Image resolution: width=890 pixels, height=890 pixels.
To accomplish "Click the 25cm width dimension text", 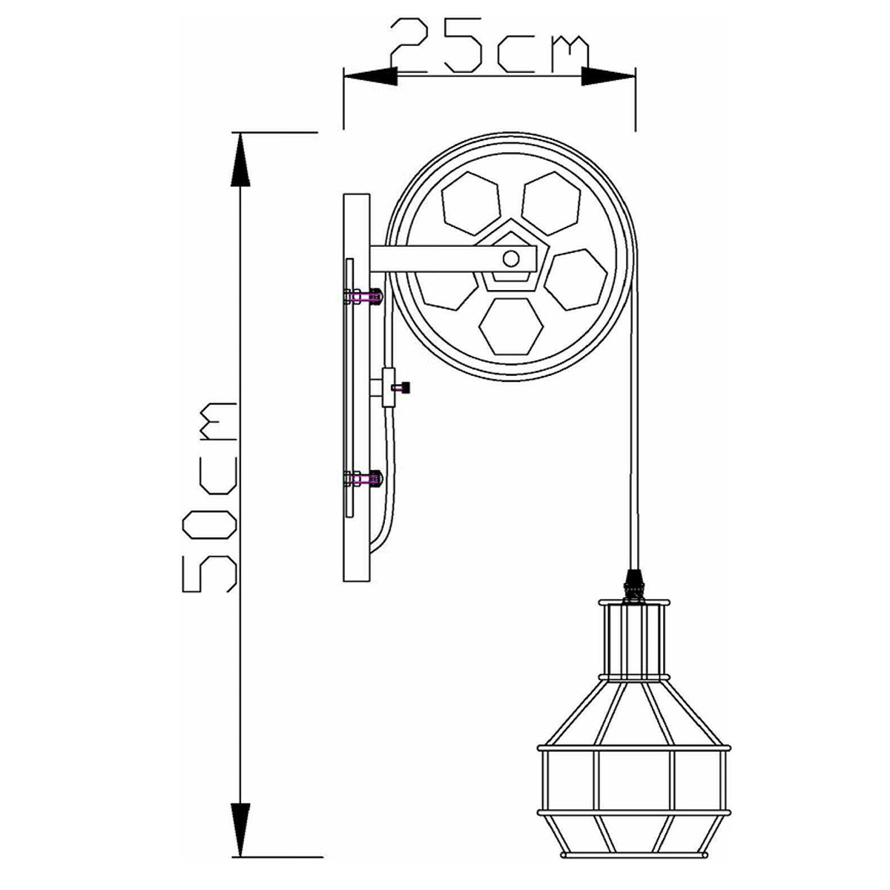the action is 489,46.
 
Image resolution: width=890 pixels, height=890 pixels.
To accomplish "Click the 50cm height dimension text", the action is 210,496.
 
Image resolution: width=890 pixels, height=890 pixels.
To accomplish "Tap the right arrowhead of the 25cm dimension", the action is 608,76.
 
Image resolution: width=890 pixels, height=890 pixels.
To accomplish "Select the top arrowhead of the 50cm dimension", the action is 240,159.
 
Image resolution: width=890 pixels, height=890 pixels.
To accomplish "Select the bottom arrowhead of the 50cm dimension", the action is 240,791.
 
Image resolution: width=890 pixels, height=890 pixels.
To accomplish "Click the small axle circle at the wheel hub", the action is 511,259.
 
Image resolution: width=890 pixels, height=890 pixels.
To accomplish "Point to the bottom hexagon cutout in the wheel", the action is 511,326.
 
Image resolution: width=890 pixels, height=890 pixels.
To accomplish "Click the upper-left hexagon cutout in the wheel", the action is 471,203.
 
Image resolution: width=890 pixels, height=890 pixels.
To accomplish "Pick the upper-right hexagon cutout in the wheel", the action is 551,203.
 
